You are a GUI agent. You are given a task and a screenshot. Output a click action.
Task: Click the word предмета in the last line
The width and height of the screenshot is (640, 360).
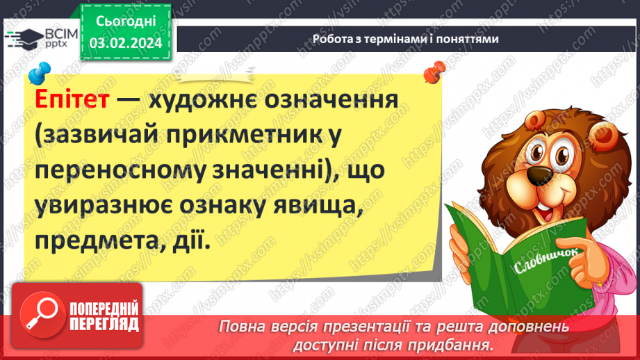92,240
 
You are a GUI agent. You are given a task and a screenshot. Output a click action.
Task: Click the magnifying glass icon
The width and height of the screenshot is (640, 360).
42,313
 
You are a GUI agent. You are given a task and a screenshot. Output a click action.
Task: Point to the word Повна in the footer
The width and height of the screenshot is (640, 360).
243,326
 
